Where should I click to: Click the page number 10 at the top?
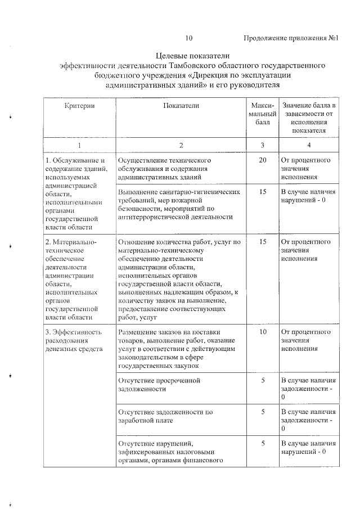[188, 39]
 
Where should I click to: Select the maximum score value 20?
[263, 160]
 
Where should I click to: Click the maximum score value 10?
[263, 332]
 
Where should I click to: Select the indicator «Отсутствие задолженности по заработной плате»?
[165, 416]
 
